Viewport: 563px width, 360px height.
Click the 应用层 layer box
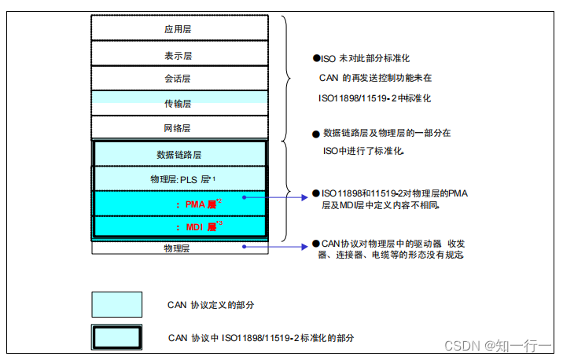click(178, 28)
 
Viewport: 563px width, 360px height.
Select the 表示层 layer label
click(178, 56)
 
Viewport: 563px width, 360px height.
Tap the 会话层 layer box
click(178, 79)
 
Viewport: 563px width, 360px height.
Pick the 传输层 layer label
click(178, 103)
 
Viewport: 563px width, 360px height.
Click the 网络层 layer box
click(178, 127)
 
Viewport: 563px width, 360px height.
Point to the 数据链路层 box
click(178, 154)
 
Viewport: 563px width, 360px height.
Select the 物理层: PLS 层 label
click(182, 179)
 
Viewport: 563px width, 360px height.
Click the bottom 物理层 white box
click(178, 248)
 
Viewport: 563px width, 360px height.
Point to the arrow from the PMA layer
click(275, 197)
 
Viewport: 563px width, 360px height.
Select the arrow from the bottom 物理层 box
click(275, 247)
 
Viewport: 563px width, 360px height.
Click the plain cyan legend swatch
click(117, 304)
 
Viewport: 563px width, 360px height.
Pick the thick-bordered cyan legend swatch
click(117, 336)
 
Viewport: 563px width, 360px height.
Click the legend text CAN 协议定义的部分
click(211, 304)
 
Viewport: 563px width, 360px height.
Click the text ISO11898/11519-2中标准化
click(374, 98)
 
